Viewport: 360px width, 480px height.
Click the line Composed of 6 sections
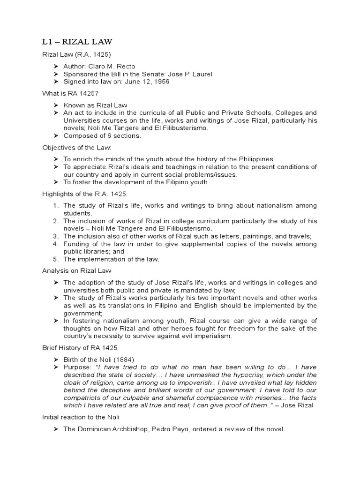[x=102, y=136]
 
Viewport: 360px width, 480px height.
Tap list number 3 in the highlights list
[x=55, y=236]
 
